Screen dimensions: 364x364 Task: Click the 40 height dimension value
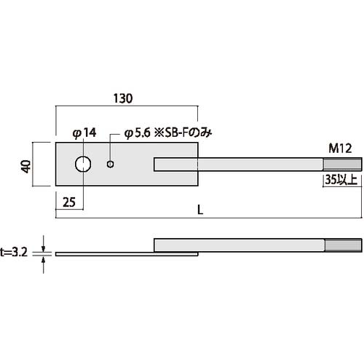[x=26, y=165]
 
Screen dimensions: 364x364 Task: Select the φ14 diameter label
[x=84, y=133]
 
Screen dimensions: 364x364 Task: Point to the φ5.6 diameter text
[x=138, y=133]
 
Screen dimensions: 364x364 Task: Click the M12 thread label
[x=341, y=149]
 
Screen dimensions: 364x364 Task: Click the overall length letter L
[x=200, y=210]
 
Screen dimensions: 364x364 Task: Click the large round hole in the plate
[x=84, y=165]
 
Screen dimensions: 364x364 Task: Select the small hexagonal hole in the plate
[x=110, y=165]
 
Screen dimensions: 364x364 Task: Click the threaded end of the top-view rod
[x=342, y=165]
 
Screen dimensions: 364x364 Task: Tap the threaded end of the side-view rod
[x=342, y=245]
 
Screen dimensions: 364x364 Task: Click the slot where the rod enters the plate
[x=175, y=165]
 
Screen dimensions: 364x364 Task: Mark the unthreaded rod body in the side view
[x=240, y=245]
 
